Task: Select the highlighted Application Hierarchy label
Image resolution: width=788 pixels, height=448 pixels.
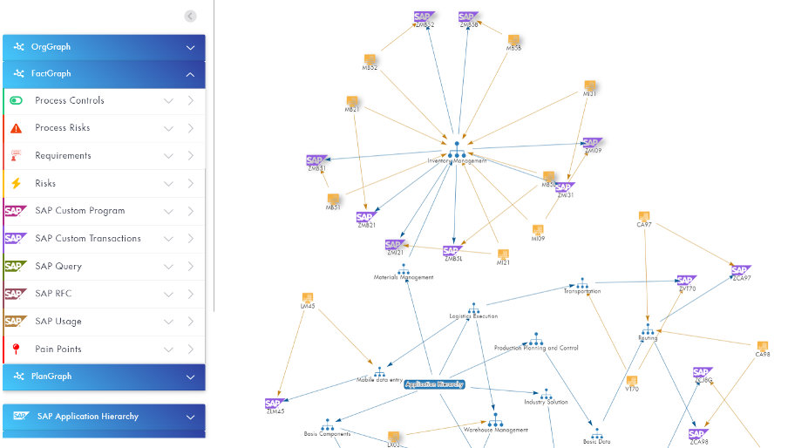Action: pyautogui.click(x=434, y=384)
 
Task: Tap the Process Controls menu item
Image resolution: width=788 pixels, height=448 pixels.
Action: pyautogui.click(x=70, y=101)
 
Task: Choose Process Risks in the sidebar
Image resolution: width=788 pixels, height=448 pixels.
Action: pyautogui.click(x=63, y=128)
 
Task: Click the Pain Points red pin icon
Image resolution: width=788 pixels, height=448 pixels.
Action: pyautogui.click(x=16, y=350)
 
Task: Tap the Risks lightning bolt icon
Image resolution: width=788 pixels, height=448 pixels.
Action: pyautogui.click(x=16, y=184)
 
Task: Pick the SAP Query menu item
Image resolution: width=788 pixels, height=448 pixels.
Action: pyautogui.click(x=58, y=267)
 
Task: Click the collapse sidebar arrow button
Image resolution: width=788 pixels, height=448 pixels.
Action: pyautogui.click(x=190, y=16)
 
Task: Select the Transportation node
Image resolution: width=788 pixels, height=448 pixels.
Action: pyautogui.click(x=582, y=284)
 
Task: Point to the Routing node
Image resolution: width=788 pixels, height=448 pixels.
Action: pyautogui.click(x=648, y=330)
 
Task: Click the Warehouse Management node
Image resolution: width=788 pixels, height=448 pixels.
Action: pyautogui.click(x=495, y=422)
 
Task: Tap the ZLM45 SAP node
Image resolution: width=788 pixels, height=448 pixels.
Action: pyautogui.click(x=274, y=404)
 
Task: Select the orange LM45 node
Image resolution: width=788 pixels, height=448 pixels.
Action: pyautogui.click(x=308, y=299)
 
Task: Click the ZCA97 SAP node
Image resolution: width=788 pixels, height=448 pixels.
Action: pyautogui.click(x=741, y=271)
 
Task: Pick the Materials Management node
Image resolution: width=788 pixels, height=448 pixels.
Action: pyautogui.click(x=403, y=270)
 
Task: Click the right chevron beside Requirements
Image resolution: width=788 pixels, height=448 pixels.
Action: pyautogui.click(x=191, y=156)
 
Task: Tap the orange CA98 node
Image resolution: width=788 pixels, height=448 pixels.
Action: pyautogui.click(x=763, y=347)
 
